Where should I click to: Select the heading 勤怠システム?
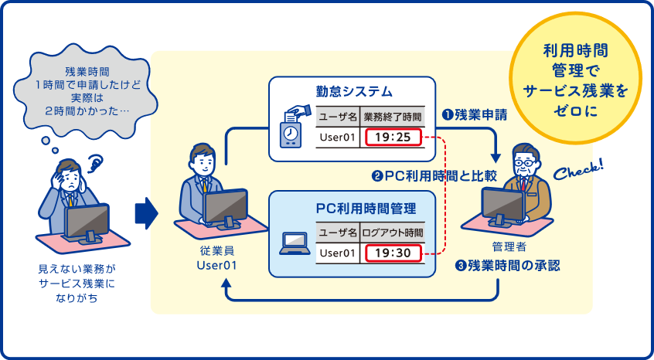coord(349,91)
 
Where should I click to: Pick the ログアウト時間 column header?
coord(393,232)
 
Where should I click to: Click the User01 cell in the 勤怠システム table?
coord(337,138)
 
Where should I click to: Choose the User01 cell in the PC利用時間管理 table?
coord(337,253)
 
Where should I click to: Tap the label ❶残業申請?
coord(474,115)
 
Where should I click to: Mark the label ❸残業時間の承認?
coord(508,265)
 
